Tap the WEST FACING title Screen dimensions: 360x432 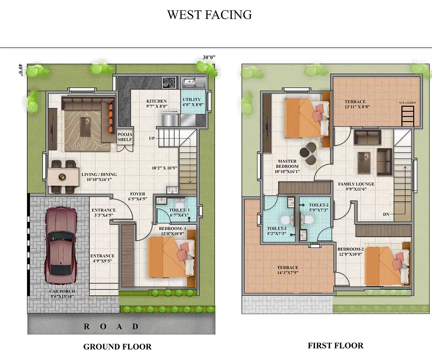click(x=209, y=14)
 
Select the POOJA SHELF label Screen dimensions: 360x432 click(x=125, y=137)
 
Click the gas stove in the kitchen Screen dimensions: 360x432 click(x=169, y=82)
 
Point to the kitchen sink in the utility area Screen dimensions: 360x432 click(x=193, y=83)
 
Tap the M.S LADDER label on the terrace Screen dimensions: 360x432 click(x=407, y=103)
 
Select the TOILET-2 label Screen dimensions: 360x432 click(x=318, y=207)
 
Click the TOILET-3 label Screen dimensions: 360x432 click(x=276, y=231)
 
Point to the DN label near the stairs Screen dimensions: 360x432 click(x=386, y=214)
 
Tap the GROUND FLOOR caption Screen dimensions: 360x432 click(x=117, y=347)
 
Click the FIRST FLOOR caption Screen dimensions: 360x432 click(x=335, y=346)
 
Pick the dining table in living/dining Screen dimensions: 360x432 click(x=63, y=177)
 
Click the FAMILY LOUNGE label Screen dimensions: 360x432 click(x=356, y=187)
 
